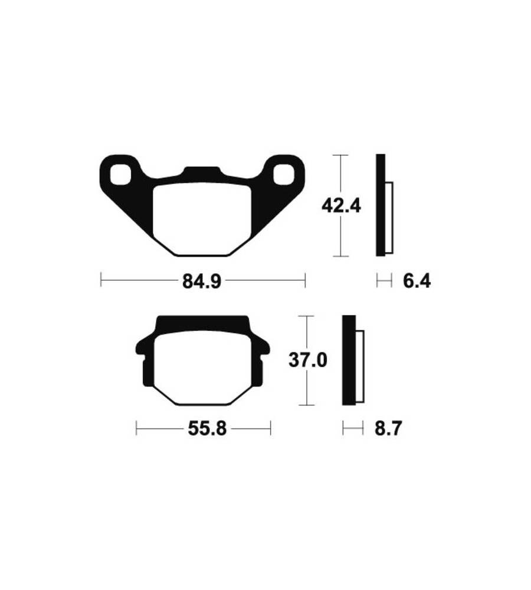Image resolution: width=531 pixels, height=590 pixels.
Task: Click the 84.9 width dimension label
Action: click(x=201, y=281)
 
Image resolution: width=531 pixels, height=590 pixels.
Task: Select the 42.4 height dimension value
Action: click(x=341, y=206)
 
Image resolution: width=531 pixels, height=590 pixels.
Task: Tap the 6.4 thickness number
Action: click(x=417, y=281)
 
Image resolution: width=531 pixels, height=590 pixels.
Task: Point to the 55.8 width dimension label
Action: click(x=207, y=428)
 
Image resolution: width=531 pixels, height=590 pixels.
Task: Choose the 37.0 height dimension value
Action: click(x=308, y=360)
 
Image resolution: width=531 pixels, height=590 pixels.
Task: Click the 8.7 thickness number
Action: click(x=388, y=428)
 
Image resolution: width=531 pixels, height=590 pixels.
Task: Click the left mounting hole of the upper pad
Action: click(x=121, y=175)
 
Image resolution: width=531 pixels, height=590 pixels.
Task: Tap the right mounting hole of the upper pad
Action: click(x=283, y=175)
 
